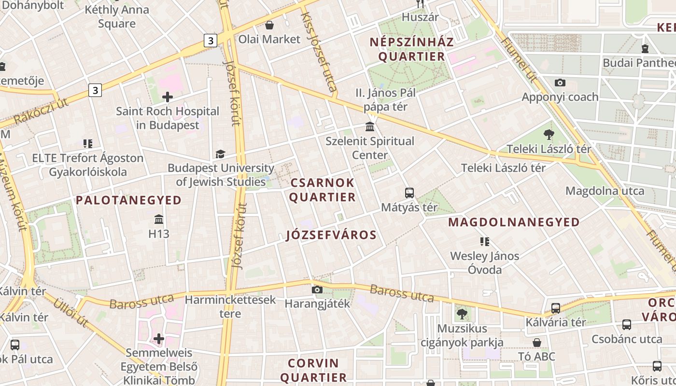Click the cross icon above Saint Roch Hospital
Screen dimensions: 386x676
pos(168,97)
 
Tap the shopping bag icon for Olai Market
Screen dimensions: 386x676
pos(269,25)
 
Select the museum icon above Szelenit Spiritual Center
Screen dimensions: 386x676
pos(370,127)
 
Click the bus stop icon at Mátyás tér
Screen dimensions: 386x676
pos(409,193)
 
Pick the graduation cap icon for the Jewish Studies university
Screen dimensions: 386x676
pos(220,154)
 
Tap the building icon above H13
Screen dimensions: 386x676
pos(159,220)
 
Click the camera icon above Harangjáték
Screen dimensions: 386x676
pos(317,289)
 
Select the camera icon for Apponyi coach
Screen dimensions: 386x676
pos(560,83)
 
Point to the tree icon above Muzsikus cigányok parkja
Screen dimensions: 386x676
pos(462,314)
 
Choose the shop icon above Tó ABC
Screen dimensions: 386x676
pos(537,343)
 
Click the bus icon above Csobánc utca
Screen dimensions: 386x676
pos(627,325)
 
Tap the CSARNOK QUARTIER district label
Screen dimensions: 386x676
pos(323,190)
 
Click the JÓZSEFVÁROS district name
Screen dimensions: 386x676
pos(331,235)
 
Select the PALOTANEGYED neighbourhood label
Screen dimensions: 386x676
pos(129,200)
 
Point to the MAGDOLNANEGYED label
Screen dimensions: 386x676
pos(514,222)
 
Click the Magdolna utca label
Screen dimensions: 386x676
pos(605,191)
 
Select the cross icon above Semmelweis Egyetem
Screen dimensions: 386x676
pos(159,339)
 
